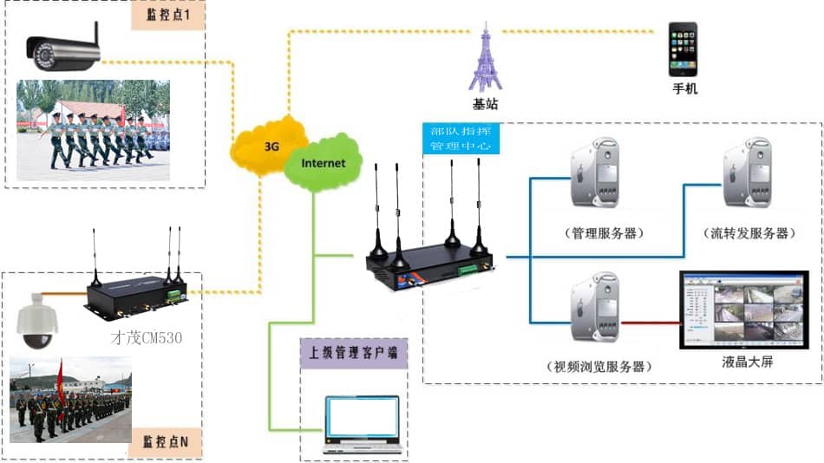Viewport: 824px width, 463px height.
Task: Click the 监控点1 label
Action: point(167,16)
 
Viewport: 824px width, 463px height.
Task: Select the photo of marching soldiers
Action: point(93,130)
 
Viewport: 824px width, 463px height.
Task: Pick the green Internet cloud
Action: point(322,161)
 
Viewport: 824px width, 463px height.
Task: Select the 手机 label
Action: point(684,89)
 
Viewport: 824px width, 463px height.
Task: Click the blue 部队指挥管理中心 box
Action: point(460,138)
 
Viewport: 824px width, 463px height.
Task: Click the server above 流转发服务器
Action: point(748,179)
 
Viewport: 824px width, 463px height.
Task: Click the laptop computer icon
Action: point(362,426)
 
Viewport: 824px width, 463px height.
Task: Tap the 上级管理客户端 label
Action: point(353,354)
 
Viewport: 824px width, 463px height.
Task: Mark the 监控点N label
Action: point(167,443)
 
